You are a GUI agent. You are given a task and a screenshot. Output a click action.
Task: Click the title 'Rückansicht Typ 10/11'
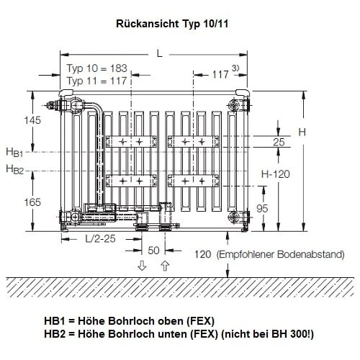pyautogui.click(x=172, y=24)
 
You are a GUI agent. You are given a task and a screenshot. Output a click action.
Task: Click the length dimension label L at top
pyautogui.click(x=160, y=54)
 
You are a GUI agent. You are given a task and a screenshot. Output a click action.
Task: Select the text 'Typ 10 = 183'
pyautogui.click(x=96, y=68)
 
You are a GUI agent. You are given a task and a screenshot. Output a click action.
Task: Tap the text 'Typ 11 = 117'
pyautogui.click(x=96, y=81)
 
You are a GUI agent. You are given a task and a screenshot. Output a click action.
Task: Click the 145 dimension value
pyautogui.click(x=32, y=120)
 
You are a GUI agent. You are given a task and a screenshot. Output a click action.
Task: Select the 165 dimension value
pyautogui.click(x=32, y=202)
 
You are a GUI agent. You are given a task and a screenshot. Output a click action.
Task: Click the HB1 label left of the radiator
pyautogui.click(x=14, y=153)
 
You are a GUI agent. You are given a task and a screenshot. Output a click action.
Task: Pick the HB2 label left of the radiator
pyautogui.click(x=14, y=169)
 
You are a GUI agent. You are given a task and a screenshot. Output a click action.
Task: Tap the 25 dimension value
pyautogui.click(x=279, y=142)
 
